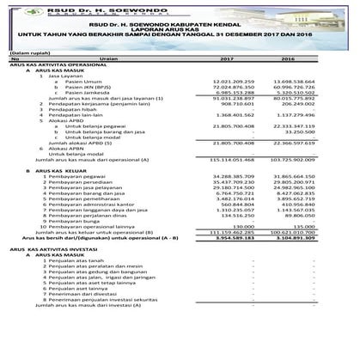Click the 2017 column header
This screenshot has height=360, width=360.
pyautogui.click(x=228, y=59)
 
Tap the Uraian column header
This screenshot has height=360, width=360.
pyautogui.click(x=108, y=59)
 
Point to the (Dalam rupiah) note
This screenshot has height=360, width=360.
pyautogui.click(x=28, y=52)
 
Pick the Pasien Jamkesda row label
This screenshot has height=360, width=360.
pyautogui.click(x=82, y=94)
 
